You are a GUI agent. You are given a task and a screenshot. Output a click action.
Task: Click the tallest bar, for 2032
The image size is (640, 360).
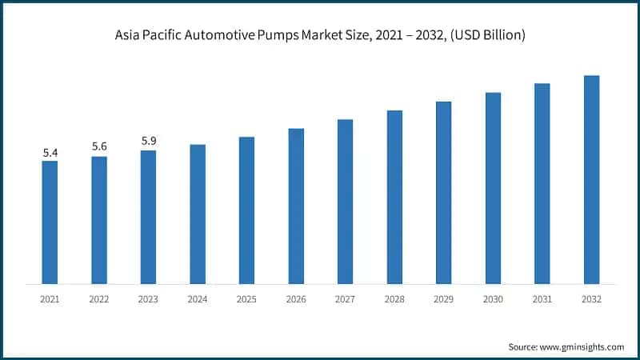pyautogui.click(x=591, y=179)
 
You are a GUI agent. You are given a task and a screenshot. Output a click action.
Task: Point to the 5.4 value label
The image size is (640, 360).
pyautogui.click(x=50, y=152)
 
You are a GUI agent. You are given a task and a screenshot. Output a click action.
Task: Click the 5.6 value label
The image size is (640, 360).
pyautogui.click(x=99, y=146)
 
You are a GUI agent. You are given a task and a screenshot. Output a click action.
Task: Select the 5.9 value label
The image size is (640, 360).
pyautogui.click(x=149, y=141)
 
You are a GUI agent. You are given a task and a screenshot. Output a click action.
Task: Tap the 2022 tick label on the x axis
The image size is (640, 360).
pyautogui.click(x=99, y=298)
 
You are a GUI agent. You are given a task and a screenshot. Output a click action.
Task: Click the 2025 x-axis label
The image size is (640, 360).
pyautogui.click(x=246, y=298)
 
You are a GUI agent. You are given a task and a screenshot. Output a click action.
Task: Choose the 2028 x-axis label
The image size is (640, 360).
pyautogui.click(x=394, y=298)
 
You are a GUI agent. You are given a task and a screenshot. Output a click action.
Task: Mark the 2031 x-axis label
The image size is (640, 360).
pyautogui.click(x=542, y=298)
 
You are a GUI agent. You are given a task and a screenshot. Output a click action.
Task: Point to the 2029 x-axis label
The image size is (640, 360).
pyautogui.click(x=443, y=298)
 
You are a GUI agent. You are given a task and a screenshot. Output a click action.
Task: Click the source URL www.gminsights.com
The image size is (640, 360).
pyautogui.click(x=582, y=346)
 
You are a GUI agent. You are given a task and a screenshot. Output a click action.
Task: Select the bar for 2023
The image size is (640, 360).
pyautogui.click(x=149, y=217)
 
